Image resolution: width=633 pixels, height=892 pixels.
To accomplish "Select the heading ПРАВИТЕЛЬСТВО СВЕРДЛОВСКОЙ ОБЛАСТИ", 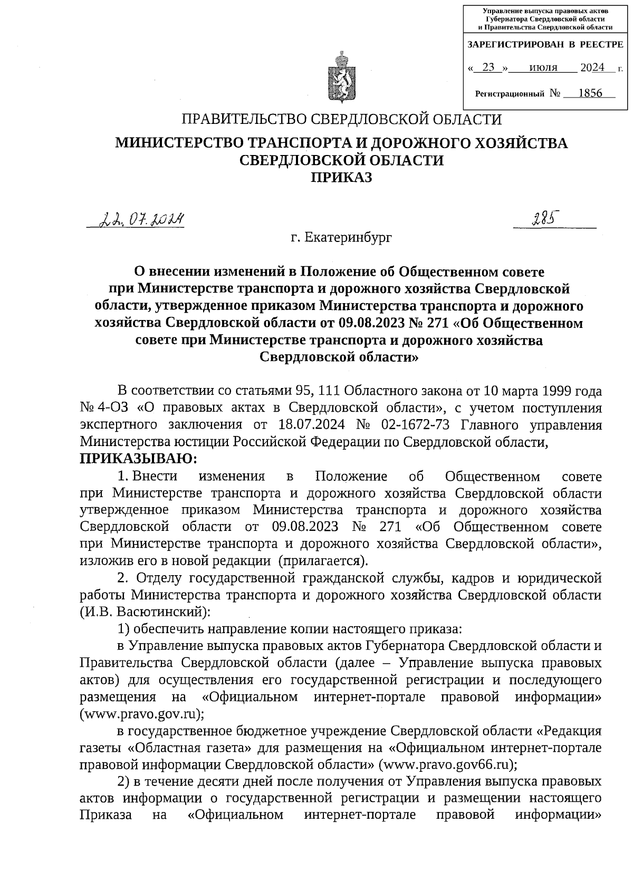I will coord(341,120).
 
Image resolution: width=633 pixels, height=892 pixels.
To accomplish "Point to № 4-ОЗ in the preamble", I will coord(104,408).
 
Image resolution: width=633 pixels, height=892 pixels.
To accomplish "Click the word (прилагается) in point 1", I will coord(323,560).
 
